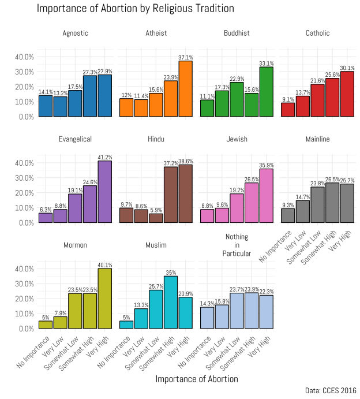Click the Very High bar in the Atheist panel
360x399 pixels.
(x=185, y=89)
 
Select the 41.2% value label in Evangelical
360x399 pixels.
(x=104, y=157)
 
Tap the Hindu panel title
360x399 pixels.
(x=155, y=139)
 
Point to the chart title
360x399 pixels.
(x=127, y=9)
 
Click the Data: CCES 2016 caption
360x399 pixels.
(x=331, y=391)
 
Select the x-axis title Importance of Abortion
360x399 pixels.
(x=197, y=379)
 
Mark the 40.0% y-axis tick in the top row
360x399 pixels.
(x=23, y=57)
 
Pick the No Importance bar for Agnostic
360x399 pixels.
(x=46, y=106)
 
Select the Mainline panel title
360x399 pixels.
(x=317, y=139)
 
